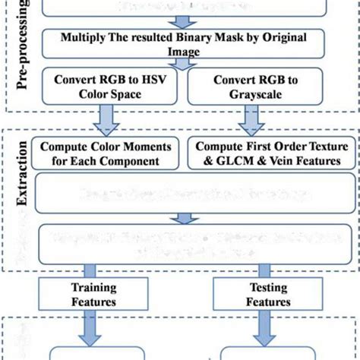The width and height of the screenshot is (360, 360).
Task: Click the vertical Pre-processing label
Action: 24,53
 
